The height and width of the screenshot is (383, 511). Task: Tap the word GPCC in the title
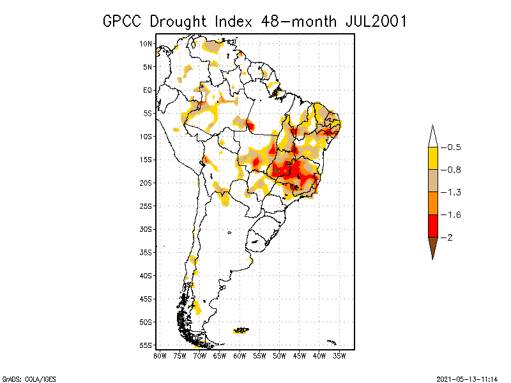tap(124, 21)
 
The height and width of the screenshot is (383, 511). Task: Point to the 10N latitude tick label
tap(146, 43)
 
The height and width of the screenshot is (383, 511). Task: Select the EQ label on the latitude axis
tap(148, 90)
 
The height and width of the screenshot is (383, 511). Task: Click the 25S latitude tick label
tap(146, 206)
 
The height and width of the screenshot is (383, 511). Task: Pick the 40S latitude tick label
tap(146, 275)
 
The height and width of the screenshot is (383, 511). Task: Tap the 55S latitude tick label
tap(146, 345)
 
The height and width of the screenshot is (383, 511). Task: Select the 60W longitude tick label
tap(240, 355)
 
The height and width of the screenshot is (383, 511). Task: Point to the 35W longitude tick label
tap(339, 355)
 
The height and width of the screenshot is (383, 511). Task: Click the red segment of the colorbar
tap(432, 226)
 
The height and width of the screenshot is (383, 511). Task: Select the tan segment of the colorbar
tap(432, 181)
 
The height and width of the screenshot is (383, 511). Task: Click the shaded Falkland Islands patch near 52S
tap(241, 330)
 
